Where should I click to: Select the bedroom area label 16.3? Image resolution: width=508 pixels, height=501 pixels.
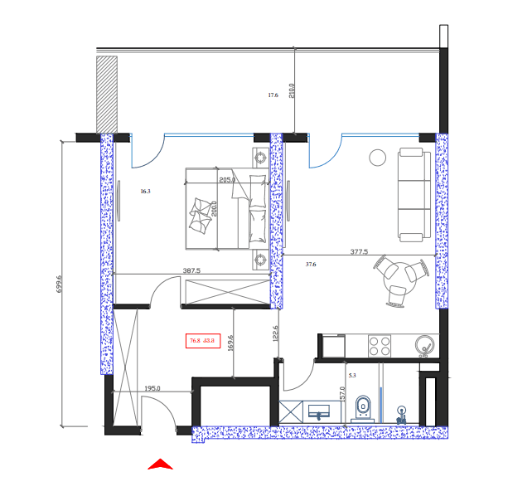coord(145,192)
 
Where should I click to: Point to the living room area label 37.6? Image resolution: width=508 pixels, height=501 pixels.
coord(311,265)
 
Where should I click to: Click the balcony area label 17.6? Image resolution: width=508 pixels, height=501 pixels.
coord(273,95)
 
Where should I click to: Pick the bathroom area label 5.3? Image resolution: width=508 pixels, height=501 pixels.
coord(352,376)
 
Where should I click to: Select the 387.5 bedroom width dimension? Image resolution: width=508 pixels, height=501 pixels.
coord(192,270)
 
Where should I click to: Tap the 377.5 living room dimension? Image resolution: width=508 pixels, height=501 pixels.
coord(359,251)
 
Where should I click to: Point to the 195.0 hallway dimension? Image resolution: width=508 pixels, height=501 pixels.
coord(152,388)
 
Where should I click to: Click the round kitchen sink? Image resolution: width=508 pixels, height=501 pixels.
coord(426,345)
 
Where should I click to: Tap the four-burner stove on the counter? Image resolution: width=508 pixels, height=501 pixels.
coord(380,345)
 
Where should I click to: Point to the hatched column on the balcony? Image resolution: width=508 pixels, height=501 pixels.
coord(106,94)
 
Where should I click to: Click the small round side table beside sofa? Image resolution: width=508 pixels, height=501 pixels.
coord(378,156)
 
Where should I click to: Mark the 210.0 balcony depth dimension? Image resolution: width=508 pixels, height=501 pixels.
coord(291,90)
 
